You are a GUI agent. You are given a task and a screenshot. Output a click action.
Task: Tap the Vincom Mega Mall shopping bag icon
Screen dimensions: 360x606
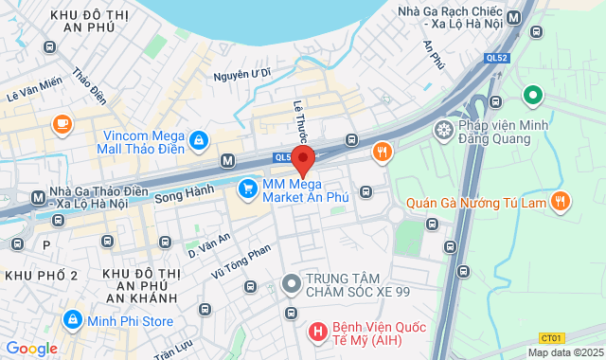[198, 141]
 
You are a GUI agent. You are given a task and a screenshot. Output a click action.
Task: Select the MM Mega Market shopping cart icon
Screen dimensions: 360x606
[248, 189]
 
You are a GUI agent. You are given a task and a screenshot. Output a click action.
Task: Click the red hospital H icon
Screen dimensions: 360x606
[317, 333]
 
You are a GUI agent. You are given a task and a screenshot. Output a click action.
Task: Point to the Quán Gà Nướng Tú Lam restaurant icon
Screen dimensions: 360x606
[561, 200]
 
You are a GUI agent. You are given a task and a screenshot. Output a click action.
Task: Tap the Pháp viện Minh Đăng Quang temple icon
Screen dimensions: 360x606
[442, 128]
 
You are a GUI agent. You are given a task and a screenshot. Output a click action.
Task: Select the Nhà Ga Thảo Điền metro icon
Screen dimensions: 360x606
[38, 197]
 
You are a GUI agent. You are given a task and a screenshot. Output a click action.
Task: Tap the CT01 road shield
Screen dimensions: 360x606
[551, 337]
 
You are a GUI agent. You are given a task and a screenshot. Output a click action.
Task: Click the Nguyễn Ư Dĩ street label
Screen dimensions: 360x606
[242, 72]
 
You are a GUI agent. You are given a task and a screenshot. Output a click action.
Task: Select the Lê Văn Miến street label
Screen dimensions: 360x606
[34, 88]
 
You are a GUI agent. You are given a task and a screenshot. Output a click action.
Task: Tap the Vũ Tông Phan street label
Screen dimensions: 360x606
[241, 260]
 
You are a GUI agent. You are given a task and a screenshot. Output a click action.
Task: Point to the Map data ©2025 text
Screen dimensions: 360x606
[564, 352]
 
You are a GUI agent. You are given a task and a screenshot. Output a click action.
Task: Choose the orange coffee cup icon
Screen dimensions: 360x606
[62, 122]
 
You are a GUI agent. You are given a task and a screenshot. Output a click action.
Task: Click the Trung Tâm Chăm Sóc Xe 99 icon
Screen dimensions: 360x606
[292, 281]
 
